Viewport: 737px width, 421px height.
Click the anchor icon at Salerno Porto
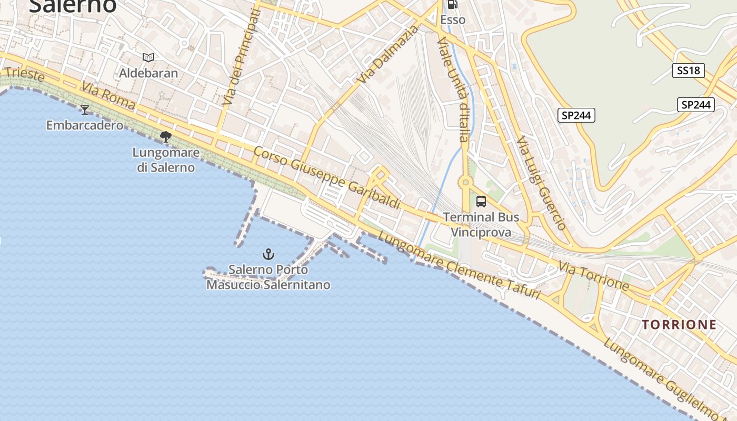[268, 255]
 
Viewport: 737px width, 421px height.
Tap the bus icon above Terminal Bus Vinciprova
[481, 201]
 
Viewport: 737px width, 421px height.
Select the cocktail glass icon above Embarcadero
[84, 109]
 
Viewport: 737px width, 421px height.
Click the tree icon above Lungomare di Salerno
[166, 137]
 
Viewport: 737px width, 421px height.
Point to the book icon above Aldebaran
[148, 57]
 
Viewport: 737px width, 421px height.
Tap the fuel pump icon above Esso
[452, 5]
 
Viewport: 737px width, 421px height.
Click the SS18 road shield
[688, 71]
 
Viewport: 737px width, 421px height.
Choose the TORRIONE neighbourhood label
[679, 325]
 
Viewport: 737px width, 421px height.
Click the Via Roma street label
[108, 95]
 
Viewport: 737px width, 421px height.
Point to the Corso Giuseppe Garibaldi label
[326, 178]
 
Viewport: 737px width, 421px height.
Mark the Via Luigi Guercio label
[541, 184]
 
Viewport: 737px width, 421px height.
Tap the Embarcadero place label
[85, 125]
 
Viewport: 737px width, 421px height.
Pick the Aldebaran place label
[148, 73]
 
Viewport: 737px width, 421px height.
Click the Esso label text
[453, 20]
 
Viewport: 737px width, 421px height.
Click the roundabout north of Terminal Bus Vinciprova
[465, 183]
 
